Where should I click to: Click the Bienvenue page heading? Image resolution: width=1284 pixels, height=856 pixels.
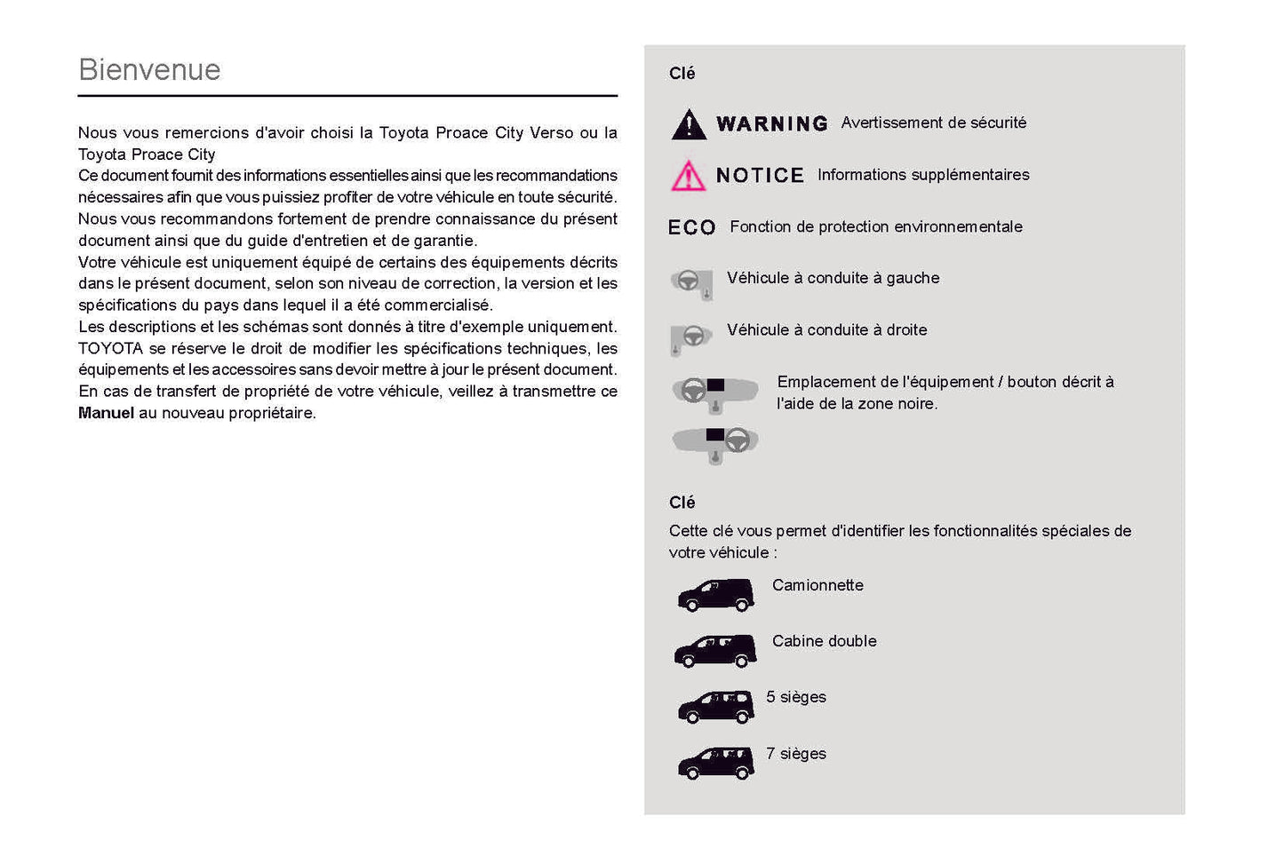coord(149,69)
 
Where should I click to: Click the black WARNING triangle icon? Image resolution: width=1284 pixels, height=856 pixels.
coord(689,125)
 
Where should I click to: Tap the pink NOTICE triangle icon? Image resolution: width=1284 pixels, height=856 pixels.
coord(689,177)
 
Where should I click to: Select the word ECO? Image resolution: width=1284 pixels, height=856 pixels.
coord(691,228)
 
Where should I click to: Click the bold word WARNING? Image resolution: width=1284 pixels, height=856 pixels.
coord(771,124)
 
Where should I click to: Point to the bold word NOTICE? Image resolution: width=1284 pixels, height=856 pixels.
coord(760,176)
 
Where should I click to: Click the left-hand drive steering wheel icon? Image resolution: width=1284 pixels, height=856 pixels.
coord(691,283)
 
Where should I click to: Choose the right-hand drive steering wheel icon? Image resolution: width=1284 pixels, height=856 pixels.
coord(691,337)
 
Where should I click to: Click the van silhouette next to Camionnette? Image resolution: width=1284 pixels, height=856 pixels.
coord(715,595)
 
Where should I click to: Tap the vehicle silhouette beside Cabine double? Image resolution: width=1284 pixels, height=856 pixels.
coord(715,651)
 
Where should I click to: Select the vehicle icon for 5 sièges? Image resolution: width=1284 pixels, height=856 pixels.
coord(715,707)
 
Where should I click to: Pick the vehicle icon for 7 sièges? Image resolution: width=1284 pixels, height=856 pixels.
coord(715,763)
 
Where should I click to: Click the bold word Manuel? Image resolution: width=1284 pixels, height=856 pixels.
coord(106,413)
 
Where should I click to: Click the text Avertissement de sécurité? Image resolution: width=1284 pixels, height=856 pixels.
coord(933,123)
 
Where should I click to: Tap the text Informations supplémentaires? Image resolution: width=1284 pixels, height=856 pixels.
coord(923,175)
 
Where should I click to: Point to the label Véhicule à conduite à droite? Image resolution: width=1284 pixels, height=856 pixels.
coord(826,330)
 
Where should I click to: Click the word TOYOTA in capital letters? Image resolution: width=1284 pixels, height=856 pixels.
coord(110,348)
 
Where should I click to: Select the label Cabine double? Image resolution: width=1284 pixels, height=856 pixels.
coord(824,641)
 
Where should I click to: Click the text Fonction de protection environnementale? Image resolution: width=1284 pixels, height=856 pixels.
coord(875,227)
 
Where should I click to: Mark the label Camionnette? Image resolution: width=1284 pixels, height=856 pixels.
coord(817,585)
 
